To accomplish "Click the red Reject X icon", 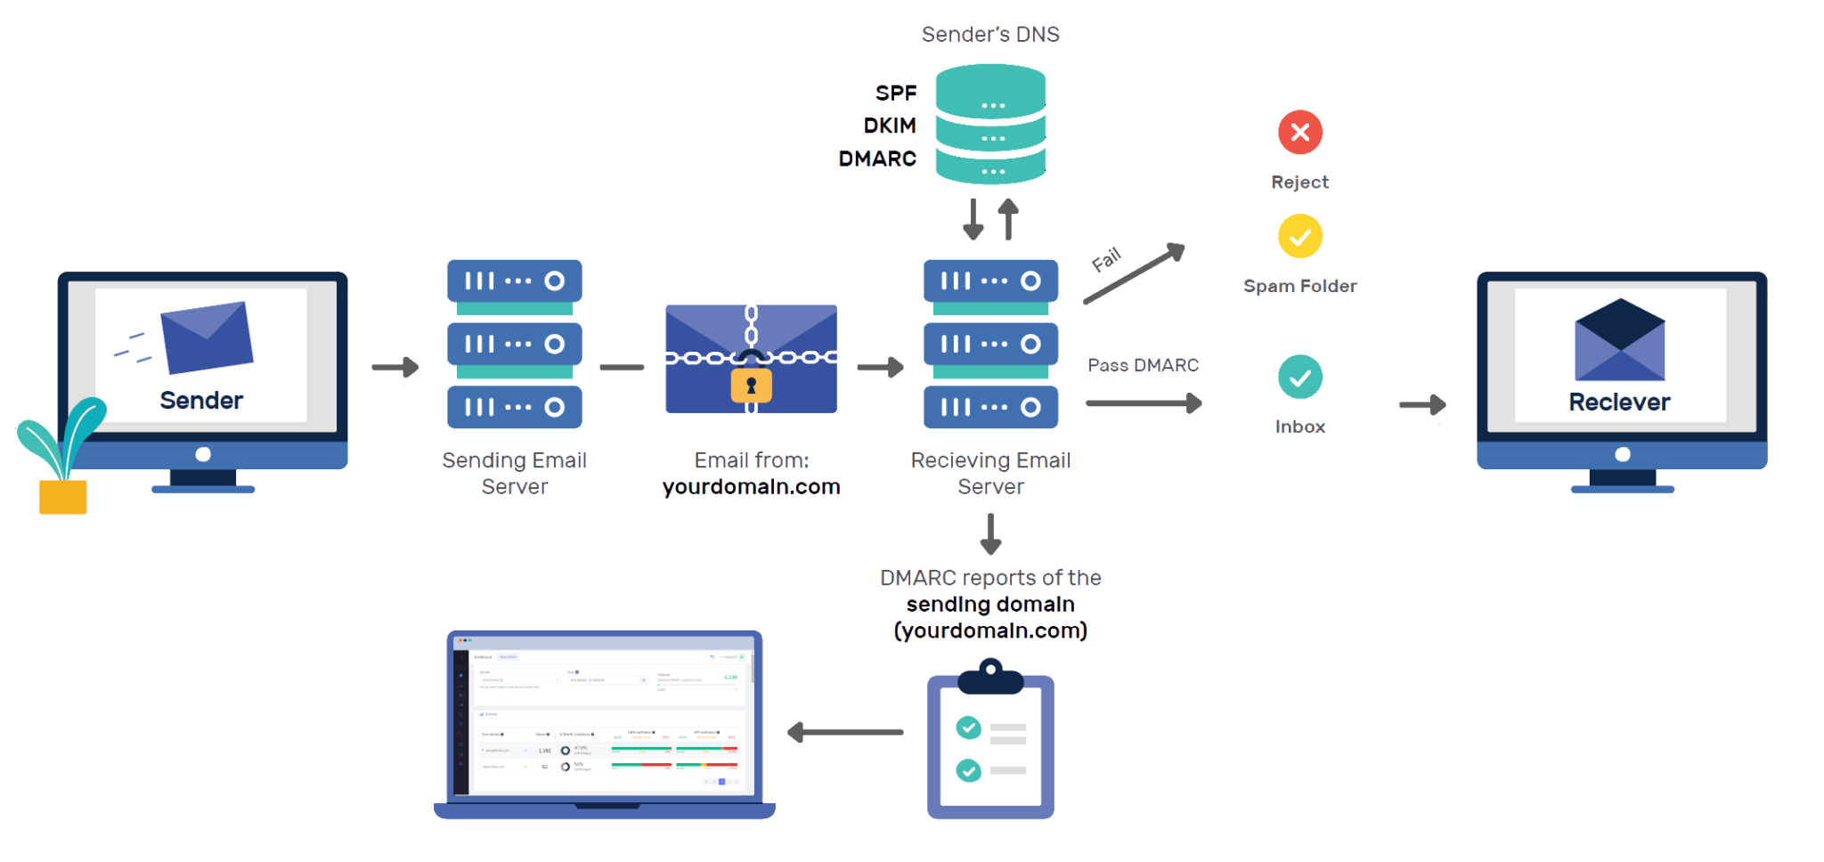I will (1299, 133).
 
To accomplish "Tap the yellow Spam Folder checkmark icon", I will (1299, 236).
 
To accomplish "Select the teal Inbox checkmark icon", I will (1299, 377).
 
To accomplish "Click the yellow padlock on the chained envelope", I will (751, 385).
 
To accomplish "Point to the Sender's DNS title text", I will (989, 35).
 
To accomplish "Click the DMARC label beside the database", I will (877, 159).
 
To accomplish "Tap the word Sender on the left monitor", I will (201, 400).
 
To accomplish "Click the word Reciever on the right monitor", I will (1619, 402).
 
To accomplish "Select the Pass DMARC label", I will (1143, 365).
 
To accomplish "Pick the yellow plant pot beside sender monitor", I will (63, 496).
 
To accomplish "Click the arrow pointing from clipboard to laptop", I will (844, 732).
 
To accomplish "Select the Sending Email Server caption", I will (514, 473).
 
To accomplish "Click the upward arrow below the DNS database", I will (1007, 218).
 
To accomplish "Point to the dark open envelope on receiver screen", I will (1619, 339).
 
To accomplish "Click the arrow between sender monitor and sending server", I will (395, 367).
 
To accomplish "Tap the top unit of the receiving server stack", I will (990, 281).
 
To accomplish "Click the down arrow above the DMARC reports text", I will (990, 533).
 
